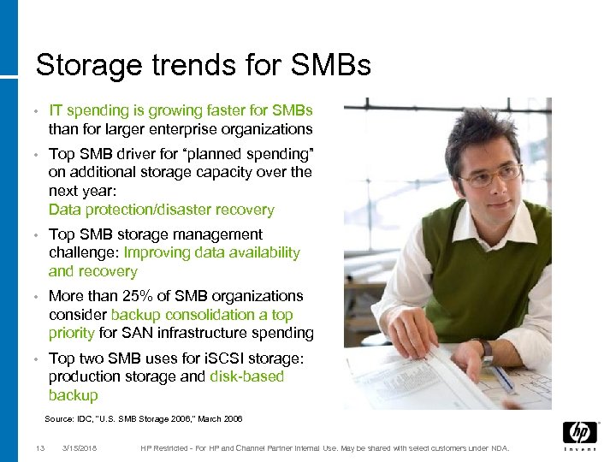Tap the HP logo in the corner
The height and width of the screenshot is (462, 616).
(579, 433)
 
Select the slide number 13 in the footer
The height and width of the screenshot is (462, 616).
(39, 448)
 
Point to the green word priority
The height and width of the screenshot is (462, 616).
(72, 334)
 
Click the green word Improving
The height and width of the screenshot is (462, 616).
(155, 252)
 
